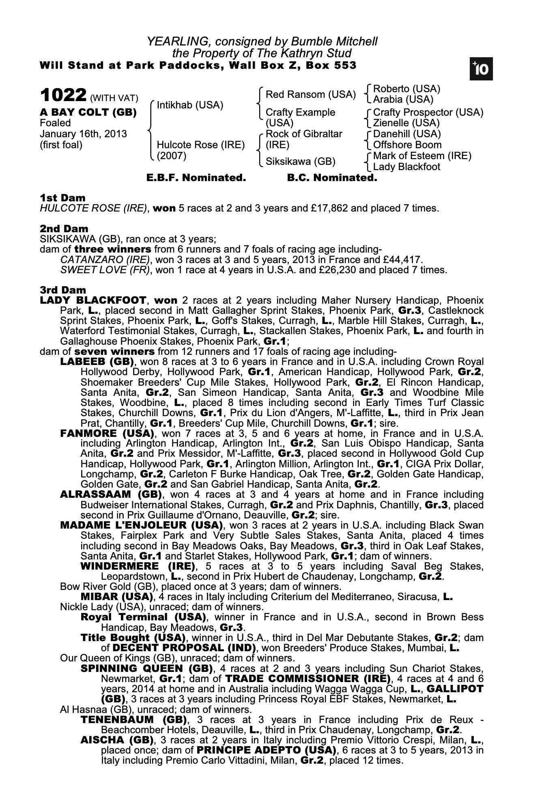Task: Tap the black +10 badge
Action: pyautogui.click(x=481, y=69)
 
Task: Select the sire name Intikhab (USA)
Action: pyautogui.click(x=190, y=105)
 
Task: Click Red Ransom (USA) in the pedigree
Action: pyautogui.click(x=310, y=95)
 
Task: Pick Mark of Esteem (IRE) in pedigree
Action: pyautogui.click(x=422, y=156)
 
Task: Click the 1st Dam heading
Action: pyautogui.click(x=62, y=198)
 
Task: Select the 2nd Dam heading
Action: pyautogui.click(x=64, y=229)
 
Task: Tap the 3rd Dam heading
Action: pyautogui.click(x=63, y=290)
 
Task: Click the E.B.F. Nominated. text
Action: pyautogui.click(x=196, y=178)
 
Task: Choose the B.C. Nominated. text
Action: pyautogui.click(x=332, y=178)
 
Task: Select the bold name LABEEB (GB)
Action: pyautogui.click(x=98, y=361)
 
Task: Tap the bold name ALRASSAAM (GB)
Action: pyautogui.click(x=111, y=495)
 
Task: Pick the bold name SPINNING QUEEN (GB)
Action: pyautogui.click(x=147, y=668)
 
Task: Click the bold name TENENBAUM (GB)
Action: pyautogui.click(x=133, y=720)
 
